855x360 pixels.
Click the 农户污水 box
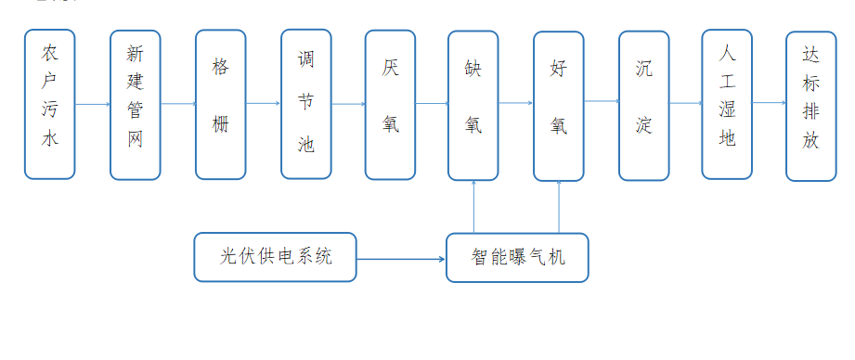[49, 104]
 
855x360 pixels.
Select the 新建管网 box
[135, 105]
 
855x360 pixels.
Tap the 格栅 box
[220, 104]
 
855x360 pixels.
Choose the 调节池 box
[305, 104]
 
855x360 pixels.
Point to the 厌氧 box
[390, 104]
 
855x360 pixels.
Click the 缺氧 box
[473, 105]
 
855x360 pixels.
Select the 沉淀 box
[644, 105]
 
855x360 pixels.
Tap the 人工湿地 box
[727, 104]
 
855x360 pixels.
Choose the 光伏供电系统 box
[276, 257]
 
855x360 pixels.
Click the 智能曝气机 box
[517, 257]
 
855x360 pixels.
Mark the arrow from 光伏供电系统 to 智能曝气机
[401, 258]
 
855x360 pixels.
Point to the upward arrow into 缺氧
[473, 206]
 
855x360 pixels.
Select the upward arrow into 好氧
[559, 206]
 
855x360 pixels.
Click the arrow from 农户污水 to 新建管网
[92, 104]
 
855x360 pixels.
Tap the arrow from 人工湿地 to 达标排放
[769, 103]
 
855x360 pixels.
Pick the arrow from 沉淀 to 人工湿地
[686, 103]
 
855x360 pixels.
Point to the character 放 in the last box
[810, 142]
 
